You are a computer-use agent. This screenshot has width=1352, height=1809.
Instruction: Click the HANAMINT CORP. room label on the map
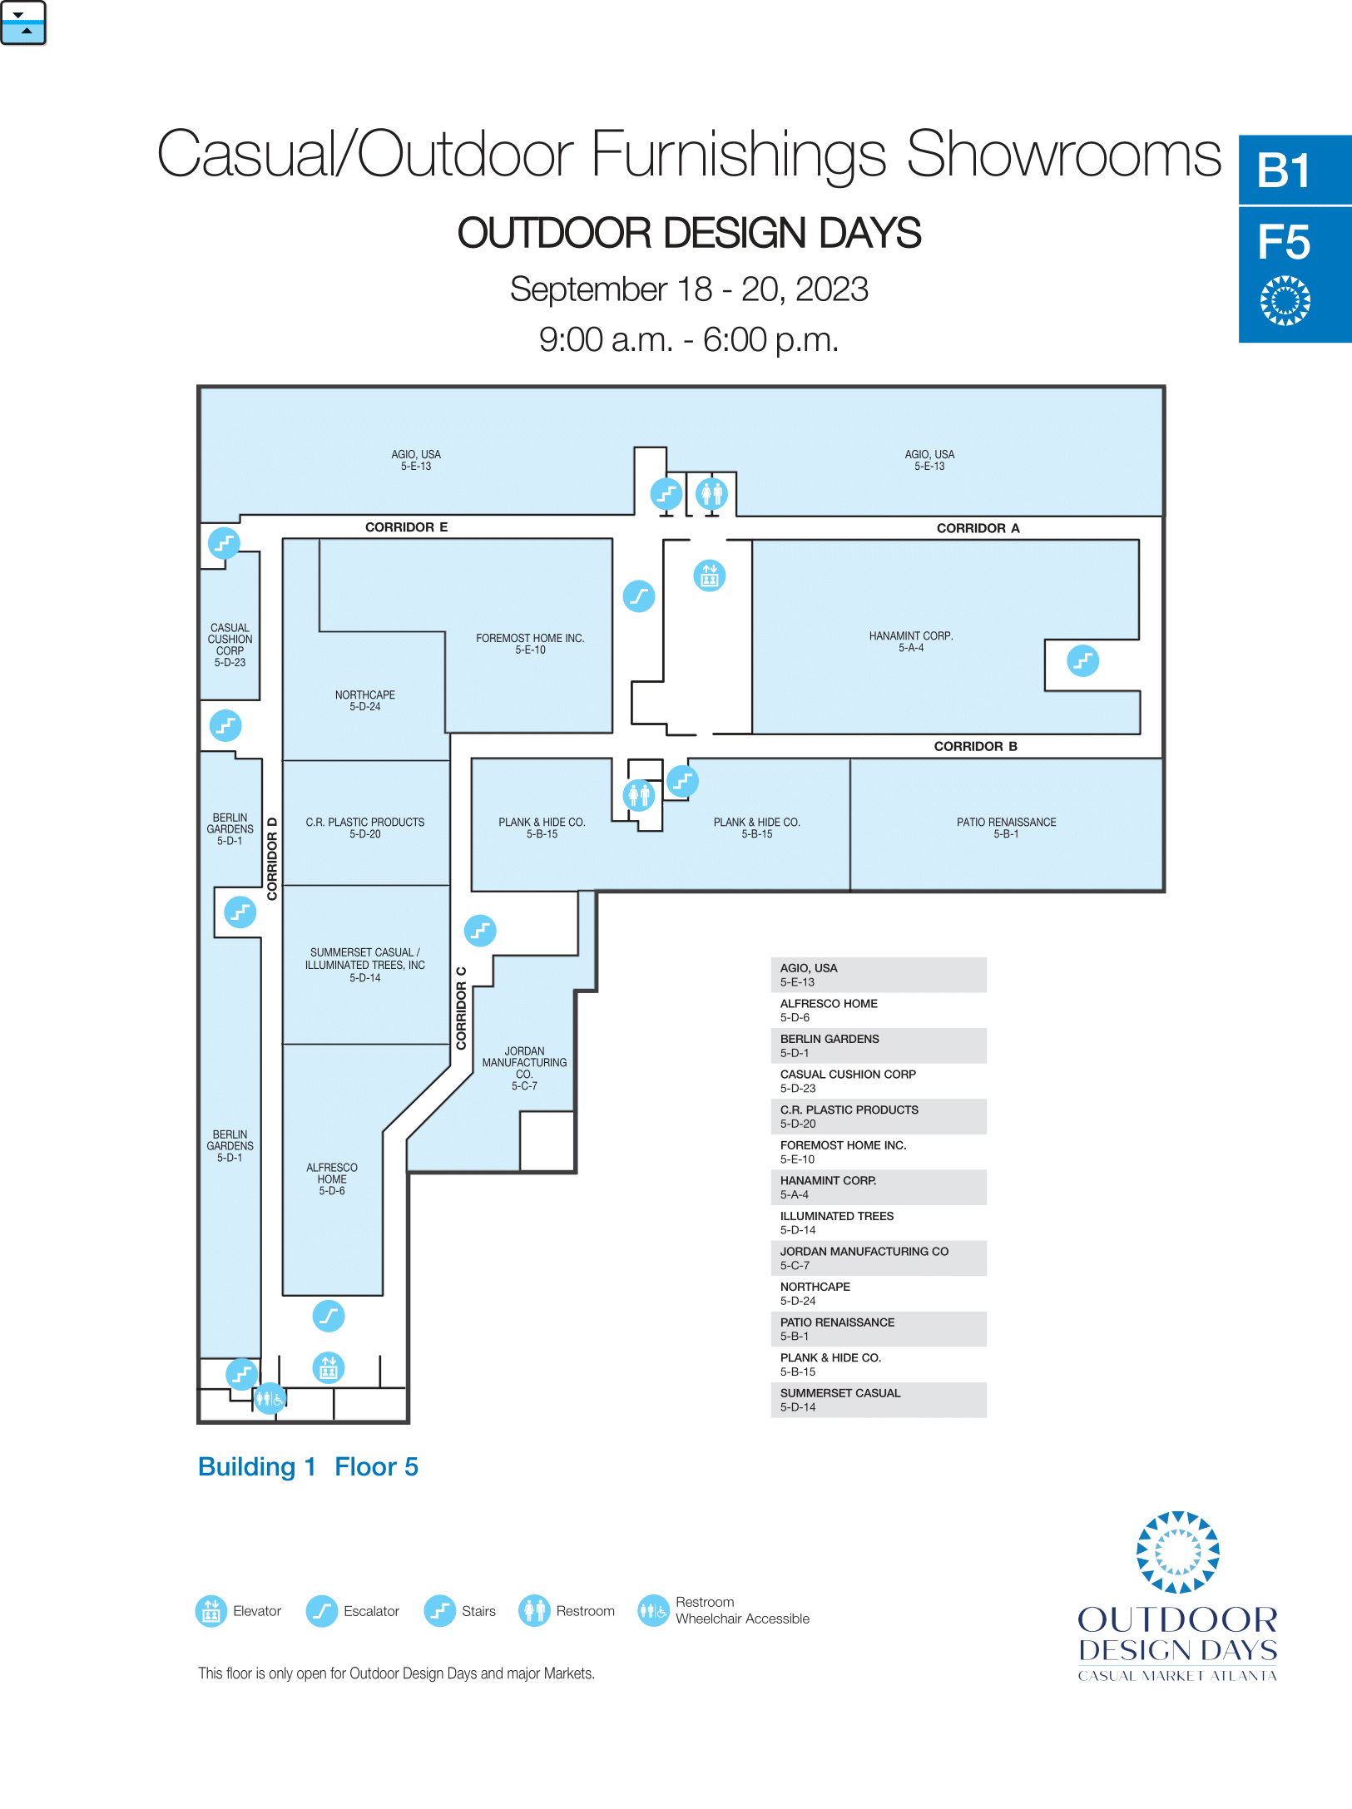[x=911, y=641]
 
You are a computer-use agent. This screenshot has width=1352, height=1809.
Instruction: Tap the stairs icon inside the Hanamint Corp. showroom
[x=1082, y=661]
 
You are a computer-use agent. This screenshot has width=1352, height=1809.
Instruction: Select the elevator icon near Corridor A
[x=710, y=576]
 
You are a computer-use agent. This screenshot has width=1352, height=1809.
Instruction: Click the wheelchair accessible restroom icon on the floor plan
[x=270, y=1398]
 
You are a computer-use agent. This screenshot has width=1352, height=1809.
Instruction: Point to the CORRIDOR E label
[x=406, y=527]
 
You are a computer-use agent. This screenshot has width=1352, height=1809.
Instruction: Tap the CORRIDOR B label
[x=975, y=746]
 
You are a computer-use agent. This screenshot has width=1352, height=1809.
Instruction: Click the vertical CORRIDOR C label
[x=461, y=1008]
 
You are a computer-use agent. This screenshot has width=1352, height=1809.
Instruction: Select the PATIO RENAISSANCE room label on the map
[x=1006, y=828]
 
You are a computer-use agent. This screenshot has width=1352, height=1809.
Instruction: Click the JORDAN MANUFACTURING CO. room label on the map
[x=524, y=1068]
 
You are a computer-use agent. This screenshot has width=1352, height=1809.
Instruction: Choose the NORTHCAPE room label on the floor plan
[x=364, y=700]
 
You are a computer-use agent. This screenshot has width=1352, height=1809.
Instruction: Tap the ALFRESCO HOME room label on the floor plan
[x=331, y=1179]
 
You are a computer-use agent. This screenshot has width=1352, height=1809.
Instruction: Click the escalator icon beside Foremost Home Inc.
[x=639, y=596]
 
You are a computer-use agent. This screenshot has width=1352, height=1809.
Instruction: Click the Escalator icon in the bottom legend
[x=321, y=1611]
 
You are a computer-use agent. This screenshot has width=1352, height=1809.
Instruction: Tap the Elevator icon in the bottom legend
[x=211, y=1611]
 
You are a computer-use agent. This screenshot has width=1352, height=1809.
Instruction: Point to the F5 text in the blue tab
[x=1284, y=242]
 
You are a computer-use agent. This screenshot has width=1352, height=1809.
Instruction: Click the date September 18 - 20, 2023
[x=689, y=289]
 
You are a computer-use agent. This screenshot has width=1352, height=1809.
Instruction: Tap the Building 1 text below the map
[x=257, y=1466]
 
